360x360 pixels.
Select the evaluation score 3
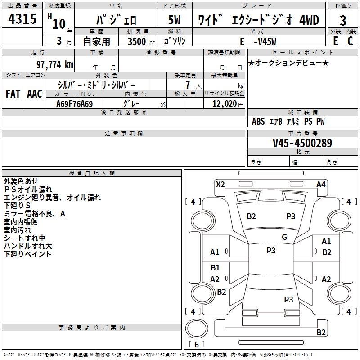point(343,21)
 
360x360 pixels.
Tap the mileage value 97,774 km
point(55,64)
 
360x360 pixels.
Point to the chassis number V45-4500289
point(302,144)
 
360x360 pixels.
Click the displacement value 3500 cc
point(139,41)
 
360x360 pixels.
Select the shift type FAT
point(13,94)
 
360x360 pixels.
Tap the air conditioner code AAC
point(34,94)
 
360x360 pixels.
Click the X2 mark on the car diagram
point(220,184)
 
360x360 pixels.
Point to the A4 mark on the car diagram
point(321,184)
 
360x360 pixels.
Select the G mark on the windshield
point(284,237)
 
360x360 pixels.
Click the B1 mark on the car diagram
point(215,268)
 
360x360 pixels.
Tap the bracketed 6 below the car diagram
point(196,344)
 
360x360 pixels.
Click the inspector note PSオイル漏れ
point(28,189)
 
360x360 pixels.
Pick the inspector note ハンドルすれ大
point(28,246)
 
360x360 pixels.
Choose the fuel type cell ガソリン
point(174,41)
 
